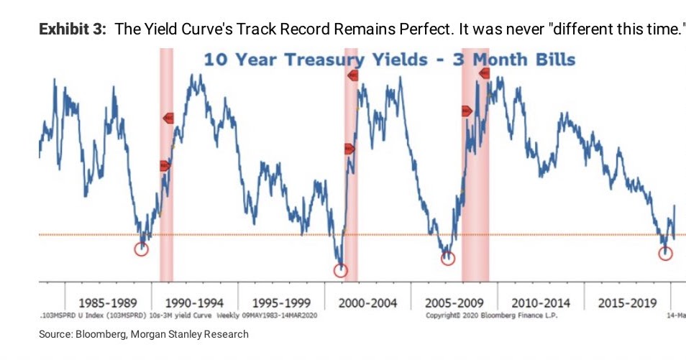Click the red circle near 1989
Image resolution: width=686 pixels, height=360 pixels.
point(142,249)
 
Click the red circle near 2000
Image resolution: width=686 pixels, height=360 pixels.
point(341,270)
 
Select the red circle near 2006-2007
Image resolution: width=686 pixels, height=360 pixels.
point(448,259)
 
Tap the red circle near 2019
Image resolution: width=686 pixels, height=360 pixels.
point(666,253)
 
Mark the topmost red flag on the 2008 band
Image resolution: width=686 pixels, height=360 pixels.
point(484,73)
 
